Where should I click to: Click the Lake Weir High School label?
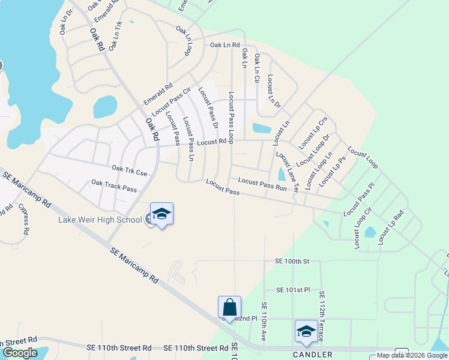[100, 220]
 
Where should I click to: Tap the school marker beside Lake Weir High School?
[161, 215]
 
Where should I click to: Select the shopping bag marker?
[230, 308]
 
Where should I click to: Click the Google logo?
[20, 353]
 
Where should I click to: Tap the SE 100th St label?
[292, 262]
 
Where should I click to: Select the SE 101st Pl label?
[293, 290]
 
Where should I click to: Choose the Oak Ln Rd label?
[224, 45]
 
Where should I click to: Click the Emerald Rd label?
[158, 94]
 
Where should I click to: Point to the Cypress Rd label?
[24, 218]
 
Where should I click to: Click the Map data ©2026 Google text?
[409, 355]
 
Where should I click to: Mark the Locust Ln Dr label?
[274, 91]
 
